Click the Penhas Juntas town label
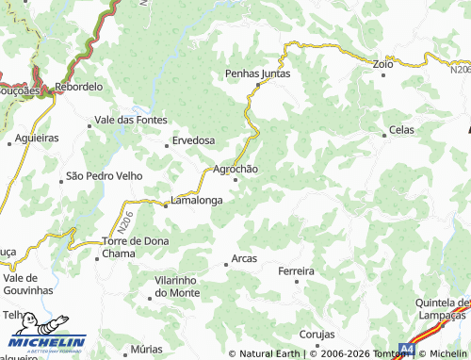pos(257,73)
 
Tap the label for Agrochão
pos(235,169)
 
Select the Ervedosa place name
pos(193,140)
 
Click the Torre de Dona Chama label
pos(136,247)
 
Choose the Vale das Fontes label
pos(131,120)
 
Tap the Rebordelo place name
pos(78,86)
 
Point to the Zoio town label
pos(382,64)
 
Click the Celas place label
pos(401,130)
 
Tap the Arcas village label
pos(243,260)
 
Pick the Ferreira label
pos(296,271)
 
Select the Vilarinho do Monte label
pos(177,287)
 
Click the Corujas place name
pos(317,335)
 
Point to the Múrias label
pos(147,349)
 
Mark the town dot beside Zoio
pos(383,75)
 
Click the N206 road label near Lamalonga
pos(127,221)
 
